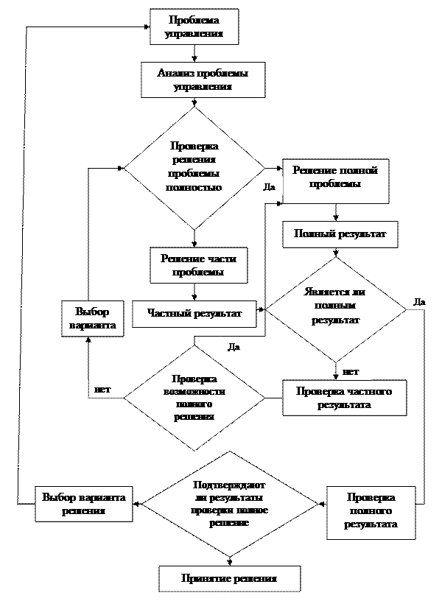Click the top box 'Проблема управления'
pos(194,27)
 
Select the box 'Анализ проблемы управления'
pos(203,80)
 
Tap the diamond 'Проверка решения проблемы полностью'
pos(194,167)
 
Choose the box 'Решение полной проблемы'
pos(335,181)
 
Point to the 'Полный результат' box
pos(340,233)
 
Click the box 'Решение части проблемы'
pos(198,265)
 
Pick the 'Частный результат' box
pos(194,313)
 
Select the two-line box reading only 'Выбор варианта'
pos(92,319)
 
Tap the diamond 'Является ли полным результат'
pos(335,306)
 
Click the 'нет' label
pos(351,371)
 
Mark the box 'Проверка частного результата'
pos(343,398)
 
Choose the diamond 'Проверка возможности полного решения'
pos(194,398)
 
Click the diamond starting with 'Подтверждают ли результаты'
pos(229,504)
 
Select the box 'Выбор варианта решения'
pos(83,504)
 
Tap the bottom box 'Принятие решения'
pos(229,578)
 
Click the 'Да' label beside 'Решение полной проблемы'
pos(269,187)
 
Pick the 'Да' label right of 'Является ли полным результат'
pos(419,301)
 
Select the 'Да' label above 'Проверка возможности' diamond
pos(234,348)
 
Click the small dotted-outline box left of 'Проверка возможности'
pos(105,388)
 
